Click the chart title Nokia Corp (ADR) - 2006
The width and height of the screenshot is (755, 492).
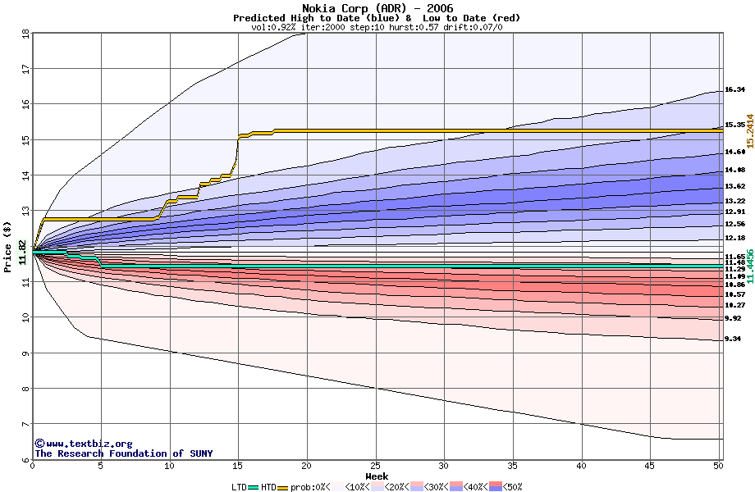[377, 8]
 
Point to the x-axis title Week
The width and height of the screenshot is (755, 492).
[377, 476]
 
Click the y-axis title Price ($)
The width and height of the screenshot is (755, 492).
[8, 247]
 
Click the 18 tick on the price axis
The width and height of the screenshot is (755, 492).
[25, 34]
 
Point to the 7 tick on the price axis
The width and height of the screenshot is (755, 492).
[25, 425]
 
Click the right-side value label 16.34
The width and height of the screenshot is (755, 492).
[734, 90]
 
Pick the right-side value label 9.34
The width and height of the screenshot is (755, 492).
[733, 339]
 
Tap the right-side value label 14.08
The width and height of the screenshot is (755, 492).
[734, 171]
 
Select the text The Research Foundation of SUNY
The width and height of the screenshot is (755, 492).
[123, 453]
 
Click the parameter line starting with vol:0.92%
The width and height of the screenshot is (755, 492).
[377, 27]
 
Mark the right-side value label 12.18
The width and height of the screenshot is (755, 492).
[734, 239]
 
